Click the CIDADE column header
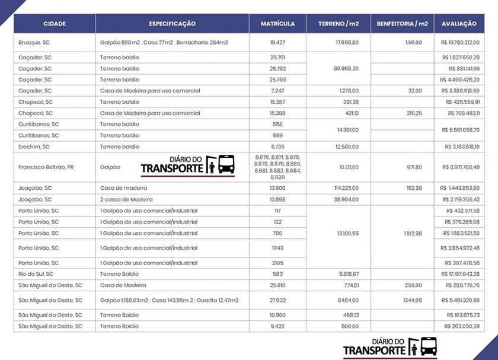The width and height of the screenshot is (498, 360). (x=55, y=24)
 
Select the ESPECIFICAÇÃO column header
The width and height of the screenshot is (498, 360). (x=172, y=24)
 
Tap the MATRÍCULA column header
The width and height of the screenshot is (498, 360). (x=277, y=24)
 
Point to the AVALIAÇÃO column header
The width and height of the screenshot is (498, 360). (x=459, y=24)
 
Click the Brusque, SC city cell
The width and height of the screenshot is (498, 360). (x=35, y=43)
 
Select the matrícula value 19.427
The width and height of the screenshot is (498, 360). (x=277, y=43)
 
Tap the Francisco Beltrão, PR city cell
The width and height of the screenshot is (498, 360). (x=46, y=167)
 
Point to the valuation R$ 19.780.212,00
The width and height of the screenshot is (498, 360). (x=460, y=43)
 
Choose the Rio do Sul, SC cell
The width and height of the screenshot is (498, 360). (x=36, y=274)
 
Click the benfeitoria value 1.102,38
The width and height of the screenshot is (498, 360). (x=413, y=234)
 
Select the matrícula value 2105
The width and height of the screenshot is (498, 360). (x=277, y=263)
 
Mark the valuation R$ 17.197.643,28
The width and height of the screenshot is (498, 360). (x=460, y=274)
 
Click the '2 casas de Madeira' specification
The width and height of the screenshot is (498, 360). (x=126, y=199)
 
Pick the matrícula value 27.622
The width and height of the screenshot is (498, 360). (x=277, y=300)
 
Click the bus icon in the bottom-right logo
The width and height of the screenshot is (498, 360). (x=429, y=346)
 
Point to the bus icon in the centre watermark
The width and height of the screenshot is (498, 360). (x=226, y=164)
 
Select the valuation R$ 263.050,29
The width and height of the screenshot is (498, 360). (x=462, y=326)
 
